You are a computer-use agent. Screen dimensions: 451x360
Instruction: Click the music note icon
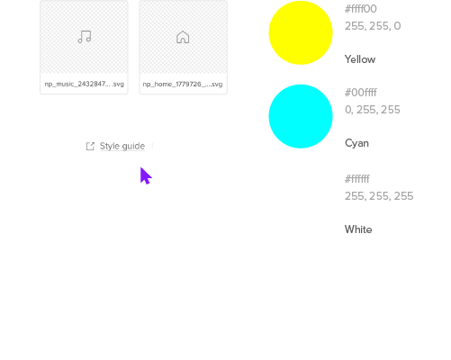(x=85, y=37)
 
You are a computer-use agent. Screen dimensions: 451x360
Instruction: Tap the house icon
(x=183, y=37)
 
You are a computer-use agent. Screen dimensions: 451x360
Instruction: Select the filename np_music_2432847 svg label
(x=85, y=84)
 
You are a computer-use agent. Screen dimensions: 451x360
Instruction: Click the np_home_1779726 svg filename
(x=183, y=84)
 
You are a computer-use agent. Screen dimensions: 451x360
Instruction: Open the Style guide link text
(x=122, y=146)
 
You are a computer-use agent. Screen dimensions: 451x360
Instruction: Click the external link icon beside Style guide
(x=90, y=146)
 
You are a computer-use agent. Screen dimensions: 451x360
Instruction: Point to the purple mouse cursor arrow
(x=146, y=175)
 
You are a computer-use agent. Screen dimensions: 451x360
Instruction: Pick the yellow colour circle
(x=301, y=32)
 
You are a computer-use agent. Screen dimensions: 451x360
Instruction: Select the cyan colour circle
(x=301, y=116)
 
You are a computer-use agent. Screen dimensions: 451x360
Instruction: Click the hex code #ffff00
(x=361, y=9)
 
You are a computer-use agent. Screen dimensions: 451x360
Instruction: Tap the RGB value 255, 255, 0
(x=373, y=26)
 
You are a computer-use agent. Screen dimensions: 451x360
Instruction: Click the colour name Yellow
(x=360, y=59)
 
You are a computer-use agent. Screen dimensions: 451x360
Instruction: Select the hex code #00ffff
(x=361, y=93)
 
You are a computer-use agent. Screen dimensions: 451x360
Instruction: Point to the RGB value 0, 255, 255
(x=373, y=110)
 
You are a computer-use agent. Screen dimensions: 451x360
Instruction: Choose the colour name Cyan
(x=356, y=143)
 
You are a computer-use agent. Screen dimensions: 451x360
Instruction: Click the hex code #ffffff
(x=357, y=179)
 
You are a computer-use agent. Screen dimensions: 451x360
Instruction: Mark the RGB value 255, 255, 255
(x=379, y=196)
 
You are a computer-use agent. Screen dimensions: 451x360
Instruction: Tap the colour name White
(x=358, y=229)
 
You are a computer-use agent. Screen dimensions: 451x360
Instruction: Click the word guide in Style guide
(x=134, y=147)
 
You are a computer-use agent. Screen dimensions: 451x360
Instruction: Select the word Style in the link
(x=110, y=146)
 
